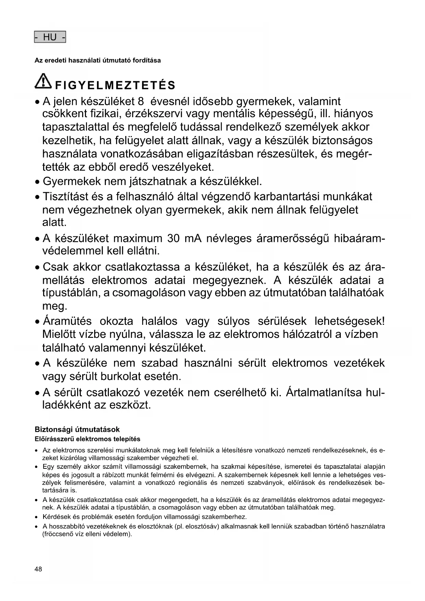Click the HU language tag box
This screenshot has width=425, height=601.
click(x=50, y=37)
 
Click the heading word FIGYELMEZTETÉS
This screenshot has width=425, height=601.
click(x=115, y=85)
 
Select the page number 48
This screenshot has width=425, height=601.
click(x=38, y=569)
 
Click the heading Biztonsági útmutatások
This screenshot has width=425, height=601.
click(x=77, y=429)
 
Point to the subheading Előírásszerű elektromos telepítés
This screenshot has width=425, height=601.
click(x=87, y=439)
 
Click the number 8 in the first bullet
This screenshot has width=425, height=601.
click(x=140, y=101)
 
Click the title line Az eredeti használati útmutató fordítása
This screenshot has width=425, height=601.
click(x=98, y=61)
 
